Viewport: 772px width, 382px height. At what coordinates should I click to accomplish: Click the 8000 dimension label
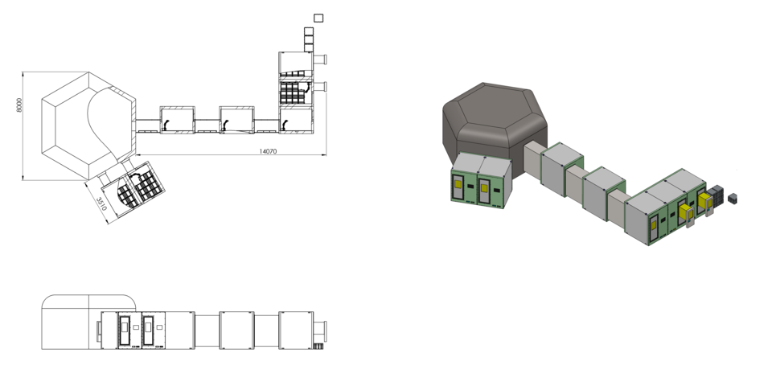[19, 105]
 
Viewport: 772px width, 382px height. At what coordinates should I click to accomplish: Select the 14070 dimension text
[269, 150]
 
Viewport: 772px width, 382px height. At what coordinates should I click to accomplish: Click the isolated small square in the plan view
[318, 18]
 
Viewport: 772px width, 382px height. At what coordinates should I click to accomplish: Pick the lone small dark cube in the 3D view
[732, 197]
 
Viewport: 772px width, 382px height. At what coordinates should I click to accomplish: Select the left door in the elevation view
[125, 330]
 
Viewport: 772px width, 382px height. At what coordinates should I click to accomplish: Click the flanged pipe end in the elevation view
[325, 330]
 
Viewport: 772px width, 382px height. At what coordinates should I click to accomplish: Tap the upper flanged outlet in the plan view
[322, 59]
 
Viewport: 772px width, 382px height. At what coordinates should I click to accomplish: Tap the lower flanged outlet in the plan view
[322, 86]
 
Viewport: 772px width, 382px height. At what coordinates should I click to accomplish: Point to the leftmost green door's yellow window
[458, 184]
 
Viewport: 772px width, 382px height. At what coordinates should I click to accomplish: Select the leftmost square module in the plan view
[177, 119]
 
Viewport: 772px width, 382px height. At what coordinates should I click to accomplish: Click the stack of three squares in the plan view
[310, 39]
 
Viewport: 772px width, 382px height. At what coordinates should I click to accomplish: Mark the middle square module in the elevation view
[236, 330]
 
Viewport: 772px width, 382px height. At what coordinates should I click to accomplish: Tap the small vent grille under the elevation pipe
[318, 347]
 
